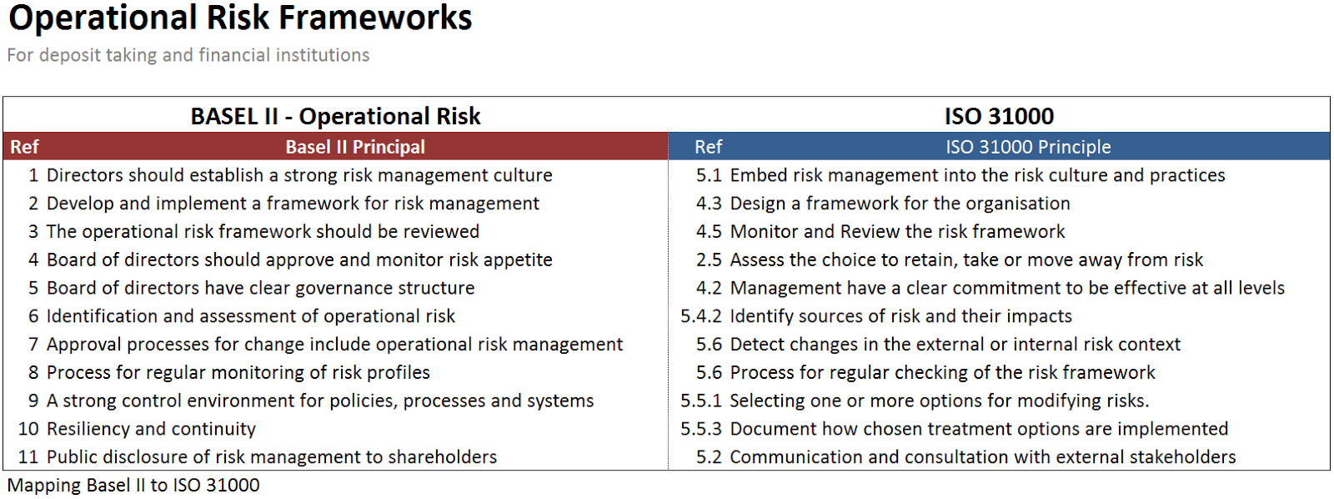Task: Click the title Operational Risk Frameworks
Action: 240,18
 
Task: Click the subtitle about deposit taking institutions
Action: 188,55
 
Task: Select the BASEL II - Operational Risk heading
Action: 335,116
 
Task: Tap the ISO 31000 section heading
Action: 999,116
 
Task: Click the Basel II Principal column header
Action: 355,147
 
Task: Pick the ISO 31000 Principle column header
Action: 1028,147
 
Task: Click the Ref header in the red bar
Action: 24,147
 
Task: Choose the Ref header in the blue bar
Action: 708,147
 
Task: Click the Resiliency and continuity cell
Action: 151,429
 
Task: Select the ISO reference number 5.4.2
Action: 701,316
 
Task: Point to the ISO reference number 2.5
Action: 709,260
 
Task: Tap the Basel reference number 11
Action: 28,456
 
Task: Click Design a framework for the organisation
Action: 900,204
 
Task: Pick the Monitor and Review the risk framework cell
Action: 897,231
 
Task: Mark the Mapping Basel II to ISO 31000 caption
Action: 133,486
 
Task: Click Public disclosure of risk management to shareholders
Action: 272,456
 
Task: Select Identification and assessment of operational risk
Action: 251,316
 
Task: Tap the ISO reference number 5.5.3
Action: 701,429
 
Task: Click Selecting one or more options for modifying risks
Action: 939,401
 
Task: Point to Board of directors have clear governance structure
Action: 261,288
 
